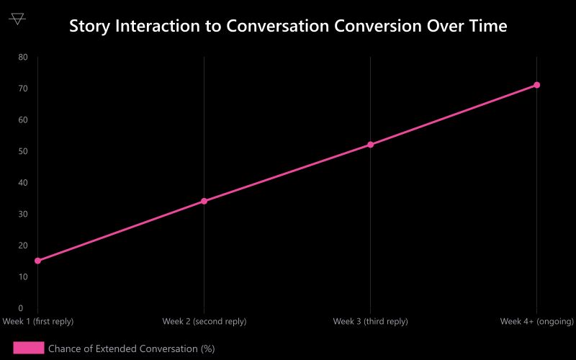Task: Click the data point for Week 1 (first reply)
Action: point(37,261)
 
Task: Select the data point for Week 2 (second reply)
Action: point(204,201)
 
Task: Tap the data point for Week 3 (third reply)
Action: point(370,145)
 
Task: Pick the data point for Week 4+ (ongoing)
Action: point(536,85)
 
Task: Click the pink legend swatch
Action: point(29,348)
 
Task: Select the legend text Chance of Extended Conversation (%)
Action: point(132,348)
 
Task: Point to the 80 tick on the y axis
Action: point(23,57)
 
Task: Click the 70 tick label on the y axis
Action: point(23,89)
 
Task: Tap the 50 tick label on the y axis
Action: point(23,151)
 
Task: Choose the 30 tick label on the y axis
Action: point(23,214)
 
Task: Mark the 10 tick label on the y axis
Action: point(23,276)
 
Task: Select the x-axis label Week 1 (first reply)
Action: point(38,321)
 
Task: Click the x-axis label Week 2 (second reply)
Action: point(204,321)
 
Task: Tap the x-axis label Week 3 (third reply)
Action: point(370,321)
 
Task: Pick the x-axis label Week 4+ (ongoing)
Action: point(537,321)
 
